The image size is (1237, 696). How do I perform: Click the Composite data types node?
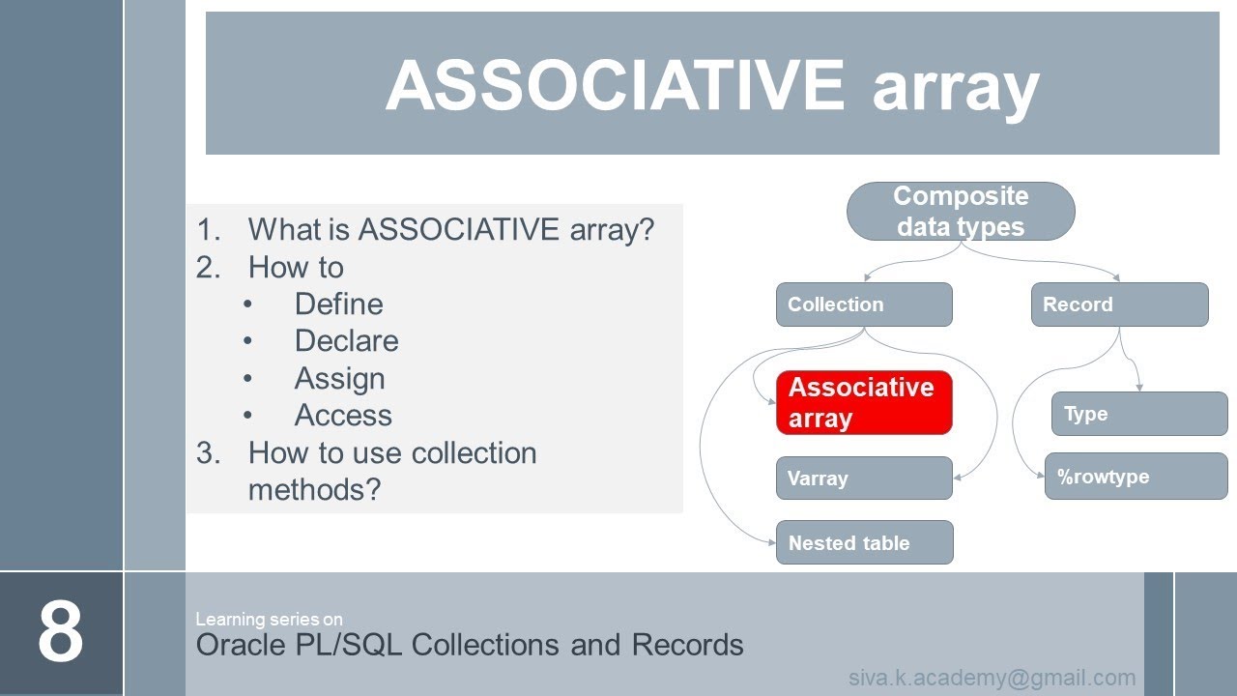[x=961, y=211]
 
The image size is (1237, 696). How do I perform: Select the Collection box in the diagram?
[x=864, y=304]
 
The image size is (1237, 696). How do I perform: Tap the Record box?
[x=1119, y=304]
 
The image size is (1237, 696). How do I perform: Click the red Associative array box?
[x=864, y=402]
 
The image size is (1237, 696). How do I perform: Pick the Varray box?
[x=864, y=478]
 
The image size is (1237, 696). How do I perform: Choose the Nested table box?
[x=864, y=542]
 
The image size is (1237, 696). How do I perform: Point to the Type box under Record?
[x=1138, y=414]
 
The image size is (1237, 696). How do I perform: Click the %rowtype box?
[x=1136, y=476]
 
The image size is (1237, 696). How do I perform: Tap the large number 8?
[x=61, y=633]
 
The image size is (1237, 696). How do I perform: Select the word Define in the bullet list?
[x=338, y=304]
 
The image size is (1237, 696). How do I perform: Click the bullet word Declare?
[x=346, y=341]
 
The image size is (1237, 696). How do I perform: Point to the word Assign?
[x=339, y=378]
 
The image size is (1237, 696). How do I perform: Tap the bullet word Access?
[x=343, y=416]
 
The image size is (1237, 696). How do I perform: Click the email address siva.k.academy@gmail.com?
[x=992, y=678]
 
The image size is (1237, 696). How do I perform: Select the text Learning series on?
[x=269, y=619]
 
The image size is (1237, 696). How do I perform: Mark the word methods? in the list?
[x=314, y=490]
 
